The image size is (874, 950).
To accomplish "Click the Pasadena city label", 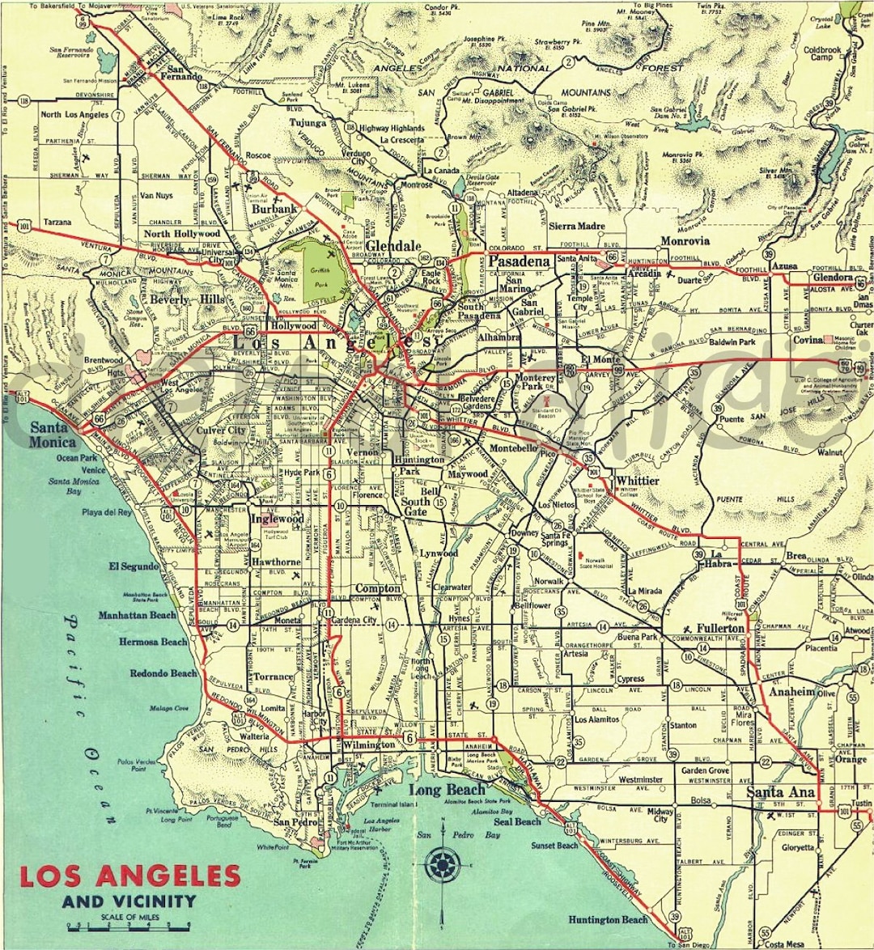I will pyautogui.click(x=520, y=261).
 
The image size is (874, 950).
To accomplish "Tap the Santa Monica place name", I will pyautogui.click(x=53, y=435).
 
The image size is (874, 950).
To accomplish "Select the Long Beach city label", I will pyautogui.click(x=447, y=789).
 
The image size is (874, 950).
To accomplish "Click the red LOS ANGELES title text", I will pyautogui.click(x=129, y=876).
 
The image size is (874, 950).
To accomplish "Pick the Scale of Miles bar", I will pyautogui.click(x=129, y=923).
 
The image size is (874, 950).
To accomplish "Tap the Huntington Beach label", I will pyautogui.click(x=608, y=919).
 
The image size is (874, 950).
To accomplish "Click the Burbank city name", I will pyautogui.click(x=275, y=209).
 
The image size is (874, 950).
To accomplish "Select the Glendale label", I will pyautogui.click(x=393, y=246).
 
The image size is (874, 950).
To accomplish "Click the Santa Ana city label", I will pyautogui.click(x=780, y=792).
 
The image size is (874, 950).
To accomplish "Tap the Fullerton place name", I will pyautogui.click(x=720, y=628).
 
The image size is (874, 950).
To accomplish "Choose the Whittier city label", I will pyautogui.click(x=638, y=481).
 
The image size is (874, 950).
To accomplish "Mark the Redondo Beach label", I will pyautogui.click(x=163, y=673).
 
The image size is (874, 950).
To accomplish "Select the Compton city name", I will pyautogui.click(x=378, y=588).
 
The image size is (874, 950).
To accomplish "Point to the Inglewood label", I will pyautogui.click(x=277, y=519).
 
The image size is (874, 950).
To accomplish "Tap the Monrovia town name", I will pyautogui.click(x=685, y=241).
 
